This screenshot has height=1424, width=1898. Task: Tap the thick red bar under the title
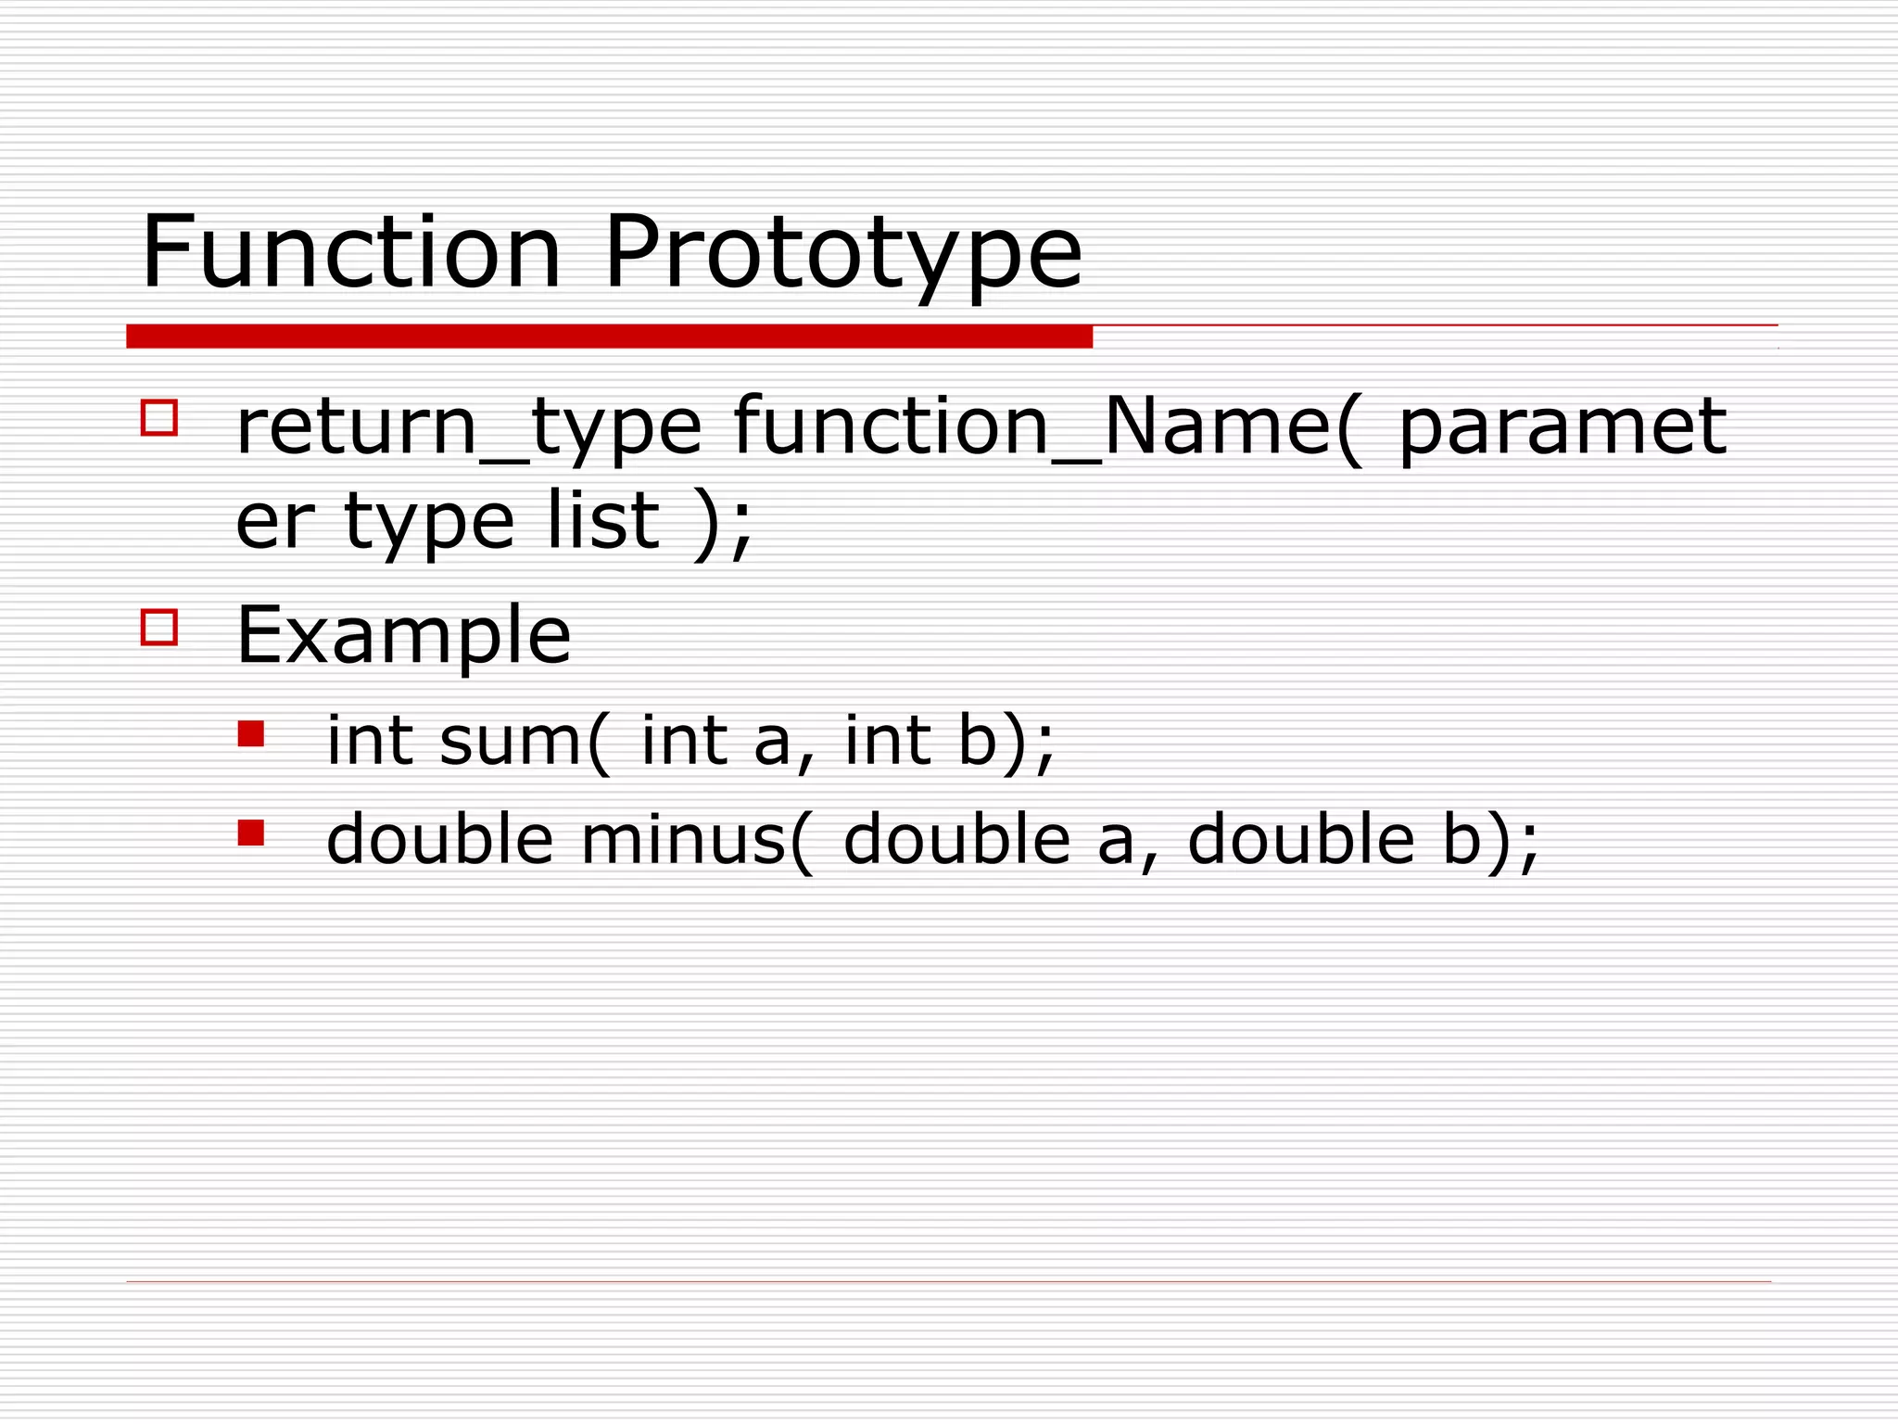click(609, 337)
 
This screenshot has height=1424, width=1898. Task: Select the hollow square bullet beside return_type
click(159, 417)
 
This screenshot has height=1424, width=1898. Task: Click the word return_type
click(468, 428)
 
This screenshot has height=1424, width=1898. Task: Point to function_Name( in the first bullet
click(1048, 428)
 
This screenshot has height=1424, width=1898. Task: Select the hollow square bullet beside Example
click(159, 628)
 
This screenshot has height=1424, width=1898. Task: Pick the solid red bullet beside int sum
click(250, 735)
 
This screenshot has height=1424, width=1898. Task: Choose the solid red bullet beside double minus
click(250, 833)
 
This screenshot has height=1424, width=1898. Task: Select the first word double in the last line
click(439, 839)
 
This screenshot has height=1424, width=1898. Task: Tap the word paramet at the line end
click(1561, 428)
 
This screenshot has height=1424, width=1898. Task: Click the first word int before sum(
click(370, 741)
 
